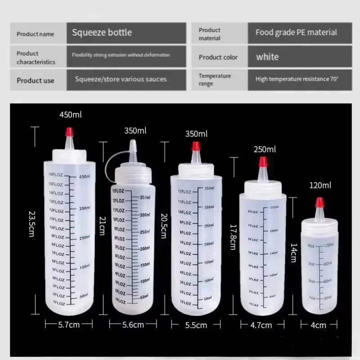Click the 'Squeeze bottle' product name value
pyautogui.click(x=102, y=32)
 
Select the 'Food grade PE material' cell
pyautogui.click(x=296, y=32)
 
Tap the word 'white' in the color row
pyautogui.click(x=267, y=57)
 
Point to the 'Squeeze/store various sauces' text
pyautogui.click(x=121, y=79)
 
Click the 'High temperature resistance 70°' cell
pyautogui.click(x=297, y=79)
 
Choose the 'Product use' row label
pyautogui.click(x=36, y=81)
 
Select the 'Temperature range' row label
pyautogui.click(x=215, y=80)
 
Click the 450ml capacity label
pyautogui.click(x=71, y=115)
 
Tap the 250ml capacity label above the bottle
pyautogui.click(x=265, y=149)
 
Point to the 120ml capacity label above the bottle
pyautogui.click(x=320, y=185)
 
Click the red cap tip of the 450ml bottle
pyautogui.click(x=69, y=132)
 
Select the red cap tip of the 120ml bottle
pyautogui.click(x=320, y=203)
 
